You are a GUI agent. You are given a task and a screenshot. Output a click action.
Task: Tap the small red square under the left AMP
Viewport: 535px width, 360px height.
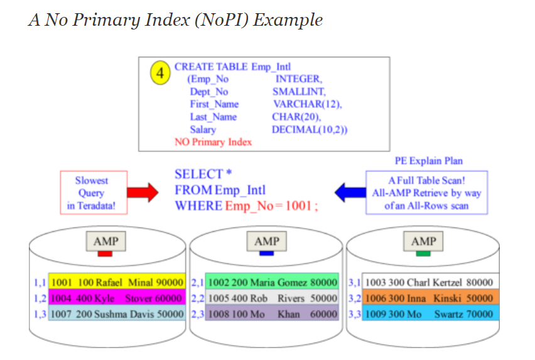(105, 253)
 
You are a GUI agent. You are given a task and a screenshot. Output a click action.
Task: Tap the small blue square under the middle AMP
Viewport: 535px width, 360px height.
(267, 253)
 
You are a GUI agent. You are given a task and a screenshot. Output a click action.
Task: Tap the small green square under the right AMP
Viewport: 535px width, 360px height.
(423, 253)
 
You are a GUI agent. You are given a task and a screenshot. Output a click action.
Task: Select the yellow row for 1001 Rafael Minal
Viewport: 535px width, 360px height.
(117, 283)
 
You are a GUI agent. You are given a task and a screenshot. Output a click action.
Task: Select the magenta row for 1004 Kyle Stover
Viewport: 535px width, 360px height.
(117, 298)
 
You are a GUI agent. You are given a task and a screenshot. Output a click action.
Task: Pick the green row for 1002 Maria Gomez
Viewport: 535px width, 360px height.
(273, 283)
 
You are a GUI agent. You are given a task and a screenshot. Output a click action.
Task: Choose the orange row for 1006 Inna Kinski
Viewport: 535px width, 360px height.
(430, 298)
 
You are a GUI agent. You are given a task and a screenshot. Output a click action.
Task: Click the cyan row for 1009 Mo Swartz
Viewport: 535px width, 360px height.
(430, 313)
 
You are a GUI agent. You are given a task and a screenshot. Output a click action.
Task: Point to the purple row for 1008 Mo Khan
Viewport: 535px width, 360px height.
(273, 313)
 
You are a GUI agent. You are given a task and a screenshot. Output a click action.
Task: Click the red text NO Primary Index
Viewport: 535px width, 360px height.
(213, 142)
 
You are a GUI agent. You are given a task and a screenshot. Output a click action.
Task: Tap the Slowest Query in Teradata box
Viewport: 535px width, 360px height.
(92, 193)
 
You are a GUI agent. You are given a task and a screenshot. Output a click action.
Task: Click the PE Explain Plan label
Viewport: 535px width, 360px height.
(428, 161)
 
